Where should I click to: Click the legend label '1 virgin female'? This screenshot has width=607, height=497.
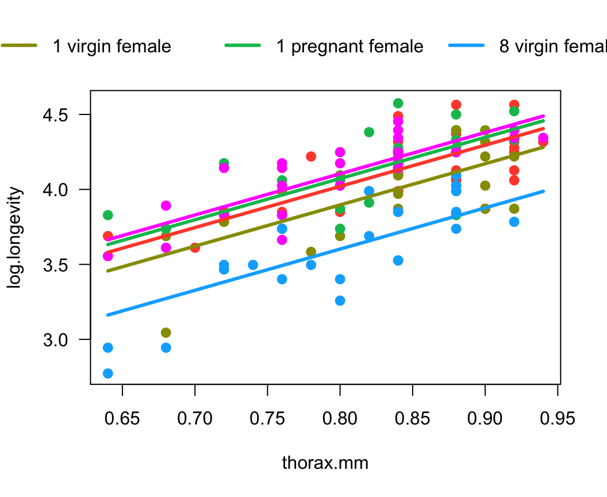point(112,47)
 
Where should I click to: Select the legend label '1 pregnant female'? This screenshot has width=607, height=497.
point(349,47)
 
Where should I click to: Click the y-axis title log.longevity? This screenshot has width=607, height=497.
point(17,237)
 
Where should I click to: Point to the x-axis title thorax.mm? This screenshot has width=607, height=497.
point(325,462)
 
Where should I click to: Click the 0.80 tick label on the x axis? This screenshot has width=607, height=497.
point(340,418)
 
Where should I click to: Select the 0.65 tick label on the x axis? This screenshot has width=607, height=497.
point(122,418)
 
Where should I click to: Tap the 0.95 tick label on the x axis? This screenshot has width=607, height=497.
point(557,418)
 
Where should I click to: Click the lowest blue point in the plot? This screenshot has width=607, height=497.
point(107,373)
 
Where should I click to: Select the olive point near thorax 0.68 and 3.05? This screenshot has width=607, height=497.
point(166,332)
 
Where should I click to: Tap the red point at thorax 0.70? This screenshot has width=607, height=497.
point(195,248)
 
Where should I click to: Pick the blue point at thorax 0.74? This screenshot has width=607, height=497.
point(253,265)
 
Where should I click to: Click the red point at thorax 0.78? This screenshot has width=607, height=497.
point(311,156)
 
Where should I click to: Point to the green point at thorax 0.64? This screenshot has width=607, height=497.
point(107,215)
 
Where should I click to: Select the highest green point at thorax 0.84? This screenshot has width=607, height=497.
point(398,104)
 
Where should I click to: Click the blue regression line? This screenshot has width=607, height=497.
point(325,253)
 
